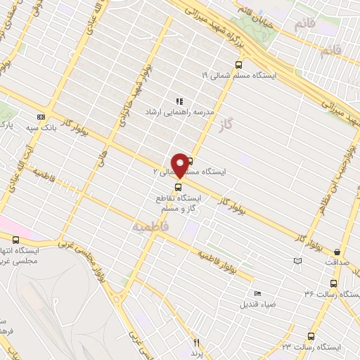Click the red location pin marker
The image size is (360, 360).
click(x=180, y=163)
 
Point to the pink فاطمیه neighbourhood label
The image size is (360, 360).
click(x=148, y=228)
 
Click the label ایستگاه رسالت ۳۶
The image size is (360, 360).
click(x=331, y=293)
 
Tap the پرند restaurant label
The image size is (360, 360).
click(x=197, y=352)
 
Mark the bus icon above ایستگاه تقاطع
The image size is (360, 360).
click(x=177, y=187)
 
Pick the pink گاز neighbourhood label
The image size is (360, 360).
click(x=244, y=124)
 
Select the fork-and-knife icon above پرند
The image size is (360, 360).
click(x=197, y=342)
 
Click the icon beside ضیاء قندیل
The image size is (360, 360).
click(x=257, y=293)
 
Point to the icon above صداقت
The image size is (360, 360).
click(x=337, y=251)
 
